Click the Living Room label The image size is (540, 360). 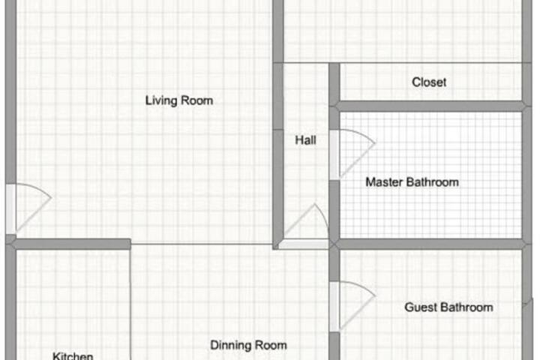[x=179, y=100]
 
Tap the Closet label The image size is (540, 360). [x=429, y=82]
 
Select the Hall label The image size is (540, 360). [x=305, y=140]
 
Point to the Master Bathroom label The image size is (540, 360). [x=412, y=182]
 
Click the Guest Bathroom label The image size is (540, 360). [x=448, y=307]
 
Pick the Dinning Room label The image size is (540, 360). [x=248, y=345]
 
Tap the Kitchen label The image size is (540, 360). [x=73, y=355]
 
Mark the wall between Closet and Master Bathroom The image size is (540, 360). [x=430, y=106]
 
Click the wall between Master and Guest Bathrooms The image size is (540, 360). [x=430, y=244]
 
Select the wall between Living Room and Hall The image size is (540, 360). [x=278, y=155]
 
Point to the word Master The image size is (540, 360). [x=384, y=182]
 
